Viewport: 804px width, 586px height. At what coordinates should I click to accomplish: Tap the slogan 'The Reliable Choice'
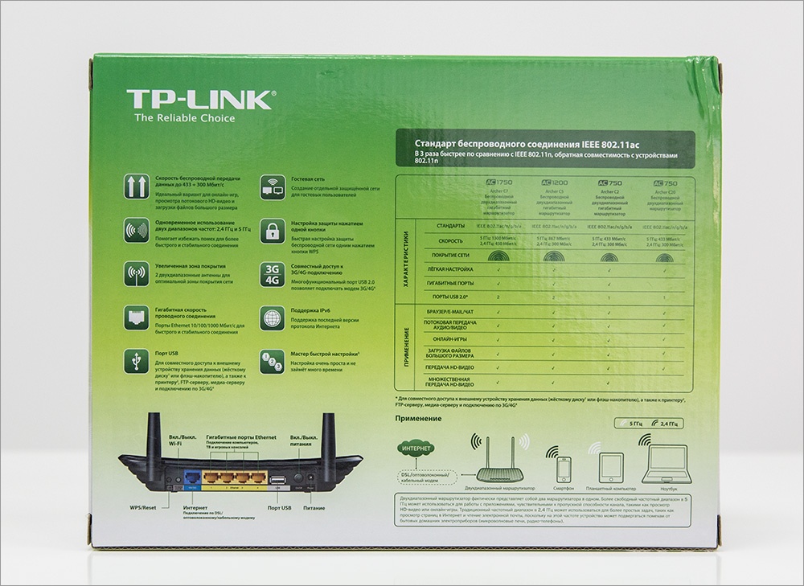[184, 119]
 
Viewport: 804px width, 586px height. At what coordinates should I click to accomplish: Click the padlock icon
[273, 230]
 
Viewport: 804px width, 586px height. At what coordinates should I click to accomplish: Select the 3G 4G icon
[273, 274]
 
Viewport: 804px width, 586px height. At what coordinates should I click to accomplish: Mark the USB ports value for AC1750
[498, 297]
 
